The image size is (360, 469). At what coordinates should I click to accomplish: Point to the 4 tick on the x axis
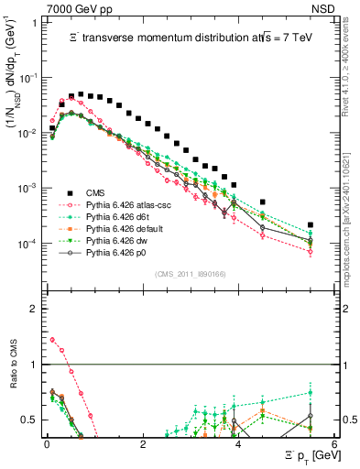(238, 443)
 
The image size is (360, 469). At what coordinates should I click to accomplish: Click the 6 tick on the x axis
(334, 443)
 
